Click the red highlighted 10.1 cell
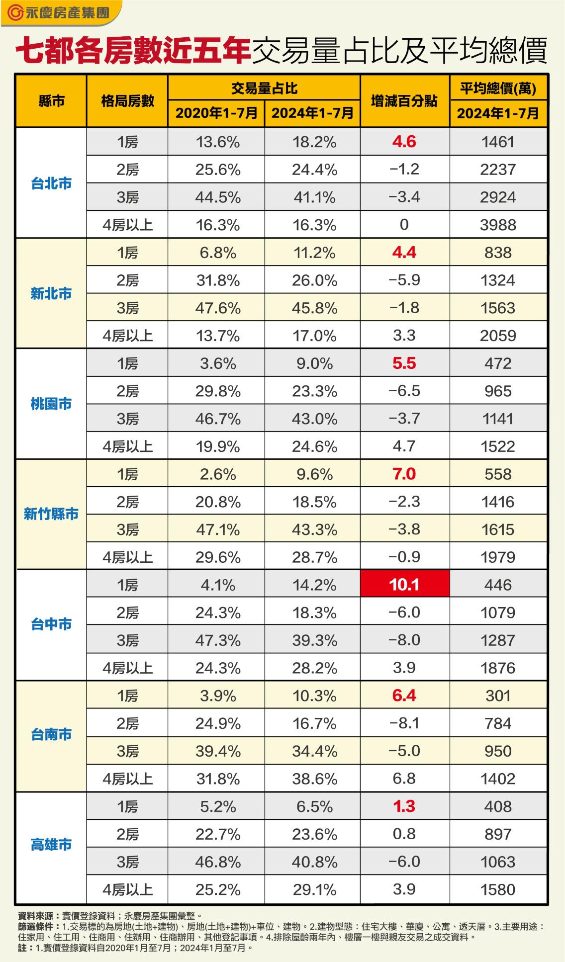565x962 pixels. tap(404, 584)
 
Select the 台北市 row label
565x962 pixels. tap(51, 183)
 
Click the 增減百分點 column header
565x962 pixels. tap(404, 101)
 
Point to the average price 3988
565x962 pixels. tap(498, 225)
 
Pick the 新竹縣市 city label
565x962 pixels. tap(51, 514)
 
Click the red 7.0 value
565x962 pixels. tap(404, 474)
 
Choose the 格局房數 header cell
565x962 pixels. tap(127, 101)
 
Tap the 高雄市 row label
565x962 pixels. tap(51, 845)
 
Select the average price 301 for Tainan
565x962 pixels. tap(498, 696)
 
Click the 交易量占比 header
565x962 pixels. tap(264, 88)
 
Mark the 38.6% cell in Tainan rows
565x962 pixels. tap(314, 779)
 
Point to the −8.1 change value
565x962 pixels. tap(404, 723)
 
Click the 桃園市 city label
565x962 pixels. tap(51, 404)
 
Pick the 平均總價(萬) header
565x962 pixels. tap(498, 88)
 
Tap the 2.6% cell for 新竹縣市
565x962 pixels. tap(218, 474)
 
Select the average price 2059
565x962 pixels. tap(498, 336)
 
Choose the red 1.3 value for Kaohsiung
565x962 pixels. tap(404, 806)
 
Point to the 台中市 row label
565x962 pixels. tap(51, 624)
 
